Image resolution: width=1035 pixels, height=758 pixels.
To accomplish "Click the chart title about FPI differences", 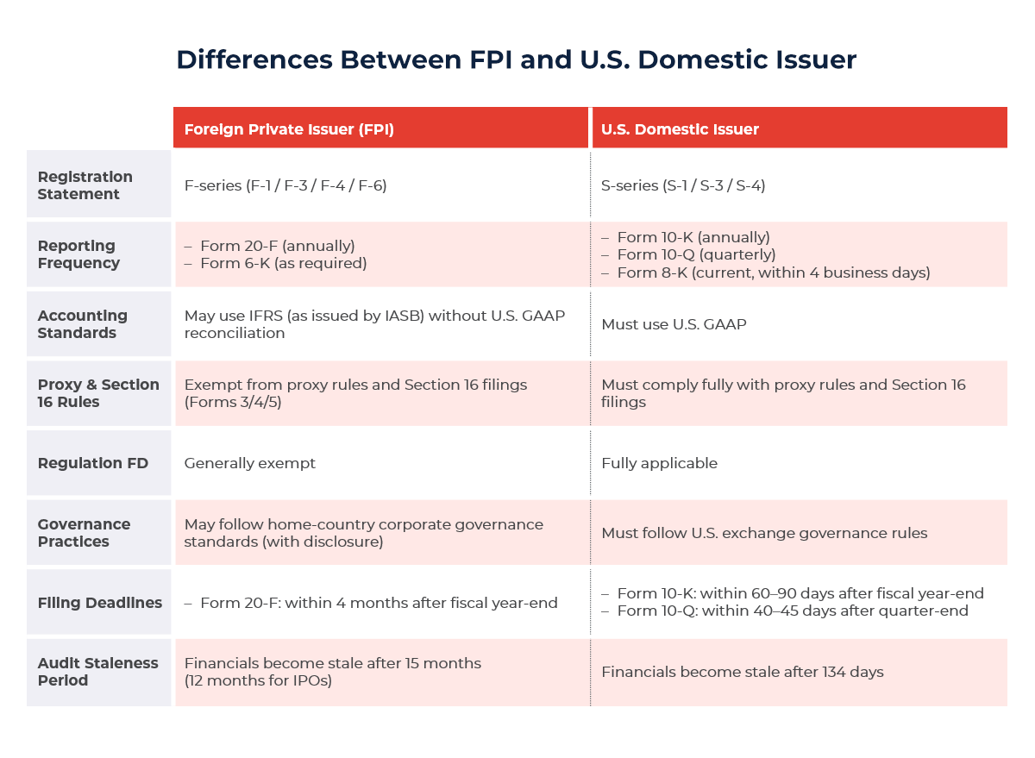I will pyautogui.click(x=516, y=60).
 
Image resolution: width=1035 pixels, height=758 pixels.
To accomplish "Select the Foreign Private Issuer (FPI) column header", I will pyautogui.click(x=289, y=129).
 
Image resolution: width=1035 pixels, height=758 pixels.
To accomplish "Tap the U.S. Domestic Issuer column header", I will pyautogui.click(x=680, y=129).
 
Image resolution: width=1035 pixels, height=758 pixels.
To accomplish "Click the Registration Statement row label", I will pyautogui.click(x=85, y=185).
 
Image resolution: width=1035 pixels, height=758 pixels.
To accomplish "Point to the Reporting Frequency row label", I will pyautogui.click(x=78, y=254).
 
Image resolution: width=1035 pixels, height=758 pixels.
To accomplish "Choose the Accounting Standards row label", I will pyautogui.click(x=83, y=324).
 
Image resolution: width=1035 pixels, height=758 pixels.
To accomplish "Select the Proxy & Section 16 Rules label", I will pyautogui.click(x=98, y=393).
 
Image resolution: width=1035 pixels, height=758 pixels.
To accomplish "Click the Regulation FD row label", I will pyautogui.click(x=92, y=463).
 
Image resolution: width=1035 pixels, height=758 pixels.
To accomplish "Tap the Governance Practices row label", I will pyautogui.click(x=84, y=533).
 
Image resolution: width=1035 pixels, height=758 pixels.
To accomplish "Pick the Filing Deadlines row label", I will pyautogui.click(x=99, y=603).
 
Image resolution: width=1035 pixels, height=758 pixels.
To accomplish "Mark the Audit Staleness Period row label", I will pyautogui.click(x=97, y=672).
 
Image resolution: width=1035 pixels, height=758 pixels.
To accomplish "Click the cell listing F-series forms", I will pyautogui.click(x=285, y=185).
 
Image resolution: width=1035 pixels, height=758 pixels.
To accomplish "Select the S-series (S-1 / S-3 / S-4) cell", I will pyautogui.click(x=683, y=185).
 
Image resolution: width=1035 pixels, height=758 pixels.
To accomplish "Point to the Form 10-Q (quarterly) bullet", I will pyautogui.click(x=696, y=254).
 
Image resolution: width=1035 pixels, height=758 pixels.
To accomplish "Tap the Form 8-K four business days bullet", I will pyautogui.click(x=773, y=273).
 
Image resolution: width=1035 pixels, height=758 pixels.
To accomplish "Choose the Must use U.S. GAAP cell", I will pyautogui.click(x=674, y=324).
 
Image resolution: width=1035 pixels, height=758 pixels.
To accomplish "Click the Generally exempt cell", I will pyautogui.click(x=250, y=463).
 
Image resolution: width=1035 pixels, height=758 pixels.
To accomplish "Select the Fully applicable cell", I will pyautogui.click(x=659, y=463).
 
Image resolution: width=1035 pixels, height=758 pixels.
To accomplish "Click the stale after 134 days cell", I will pyautogui.click(x=742, y=672).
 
